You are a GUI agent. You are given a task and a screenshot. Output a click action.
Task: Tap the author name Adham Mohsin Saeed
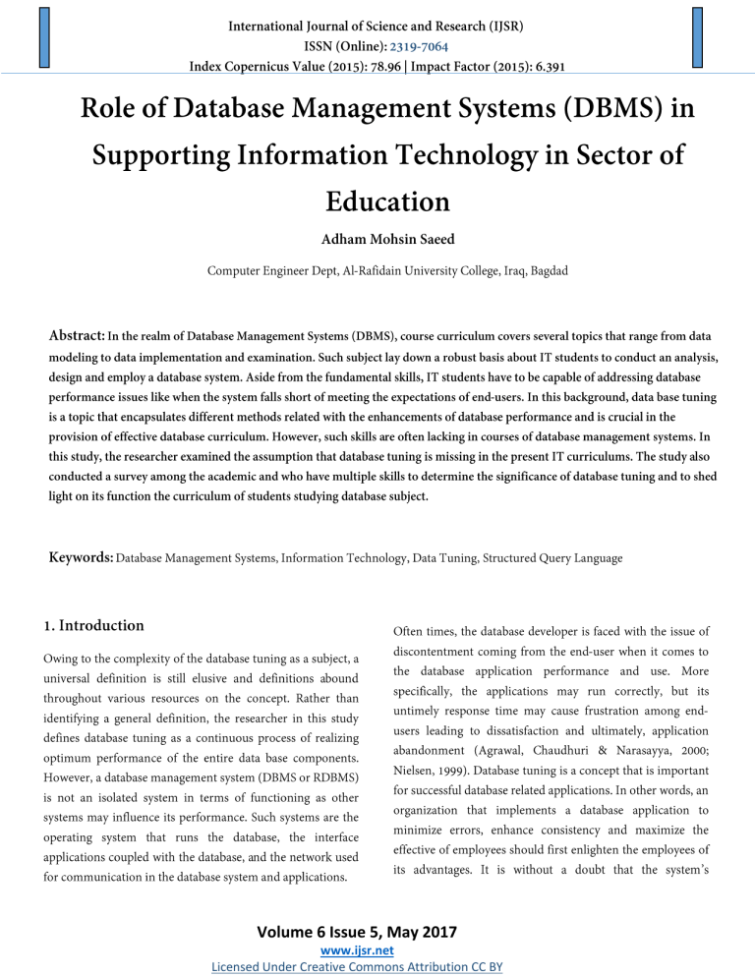point(377,240)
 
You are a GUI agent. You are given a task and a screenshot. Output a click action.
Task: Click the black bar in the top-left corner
point(42,37)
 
